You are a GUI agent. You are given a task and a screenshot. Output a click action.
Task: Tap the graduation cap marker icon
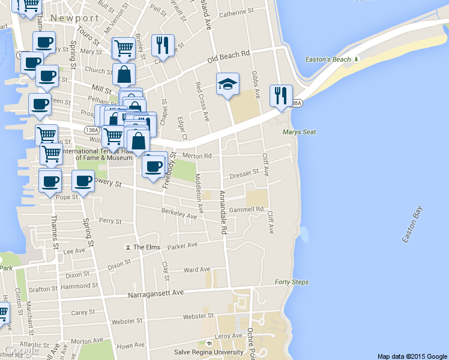coord(228,85)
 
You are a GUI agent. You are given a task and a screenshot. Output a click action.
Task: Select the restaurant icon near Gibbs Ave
coord(280,95)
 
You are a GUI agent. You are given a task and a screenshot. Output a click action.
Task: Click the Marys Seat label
coord(299,132)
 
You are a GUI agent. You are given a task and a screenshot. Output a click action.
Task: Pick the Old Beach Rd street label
coord(228,58)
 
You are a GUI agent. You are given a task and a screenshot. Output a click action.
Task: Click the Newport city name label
coord(74,19)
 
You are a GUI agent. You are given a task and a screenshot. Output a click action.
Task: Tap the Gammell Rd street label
coord(246,209)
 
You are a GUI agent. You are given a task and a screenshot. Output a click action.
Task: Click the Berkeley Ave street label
coord(179,213)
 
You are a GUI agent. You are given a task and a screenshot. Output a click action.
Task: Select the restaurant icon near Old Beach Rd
coord(163,45)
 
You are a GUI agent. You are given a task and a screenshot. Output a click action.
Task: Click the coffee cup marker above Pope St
coord(49,181)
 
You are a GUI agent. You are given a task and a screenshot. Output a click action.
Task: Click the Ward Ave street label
coord(196,270)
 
